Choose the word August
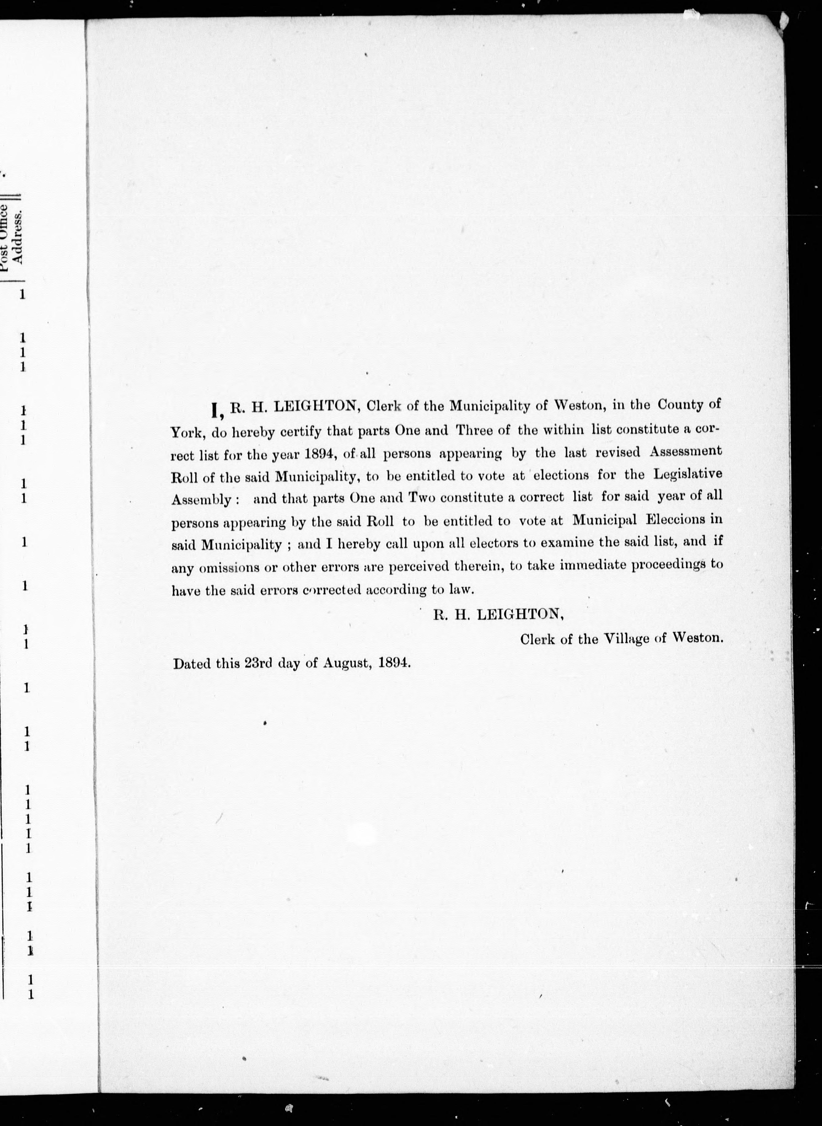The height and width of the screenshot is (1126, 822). click(347, 663)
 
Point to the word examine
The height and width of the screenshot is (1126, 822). click(567, 542)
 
